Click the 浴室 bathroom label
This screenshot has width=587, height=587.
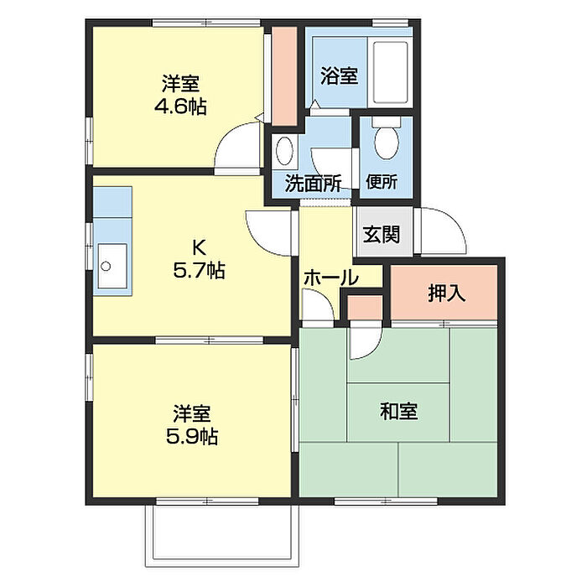click(339, 76)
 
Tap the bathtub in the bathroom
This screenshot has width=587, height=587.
click(391, 72)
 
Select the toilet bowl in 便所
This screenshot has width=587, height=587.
click(387, 139)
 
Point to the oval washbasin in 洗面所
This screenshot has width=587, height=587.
click(284, 150)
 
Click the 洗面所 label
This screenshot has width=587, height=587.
click(313, 184)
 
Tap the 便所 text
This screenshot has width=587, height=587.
click(382, 182)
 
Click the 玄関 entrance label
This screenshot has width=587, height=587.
click(382, 235)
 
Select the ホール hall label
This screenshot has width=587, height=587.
click(331, 278)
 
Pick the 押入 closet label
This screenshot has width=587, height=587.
click(447, 293)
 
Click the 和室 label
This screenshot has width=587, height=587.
click(398, 411)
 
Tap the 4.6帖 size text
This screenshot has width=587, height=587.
click(180, 107)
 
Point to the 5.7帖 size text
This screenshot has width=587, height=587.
click(199, 270)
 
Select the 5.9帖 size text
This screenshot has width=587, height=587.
click(192, 436)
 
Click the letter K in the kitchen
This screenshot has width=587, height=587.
click(199, 247)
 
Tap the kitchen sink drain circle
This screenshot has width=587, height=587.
click(106, 267)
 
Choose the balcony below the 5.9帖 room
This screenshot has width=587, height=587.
click(222, 535)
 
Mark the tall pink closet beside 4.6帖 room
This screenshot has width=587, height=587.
click(284, 76)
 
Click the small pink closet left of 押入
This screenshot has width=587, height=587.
click(365, 308)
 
